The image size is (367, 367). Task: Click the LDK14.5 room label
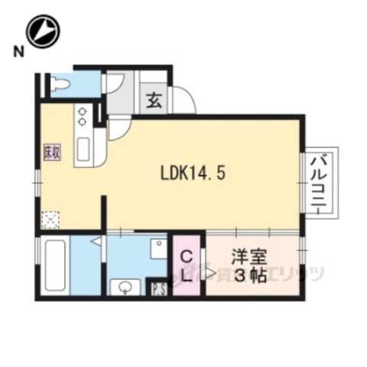[x=191, y=173]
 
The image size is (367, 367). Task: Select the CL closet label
[x=187, y=265]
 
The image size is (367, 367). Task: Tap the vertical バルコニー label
[x=318, y=181]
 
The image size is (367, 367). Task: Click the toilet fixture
[x=61, y=84]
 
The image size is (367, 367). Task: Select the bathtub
[x=53, y=265]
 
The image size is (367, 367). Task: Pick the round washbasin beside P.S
[x=125, y=287]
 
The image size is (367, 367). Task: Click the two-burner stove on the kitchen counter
[x=82, y=117]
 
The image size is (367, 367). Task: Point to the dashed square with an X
[x=50, y=219]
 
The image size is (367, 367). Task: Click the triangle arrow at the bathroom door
[x=98, y=242]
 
